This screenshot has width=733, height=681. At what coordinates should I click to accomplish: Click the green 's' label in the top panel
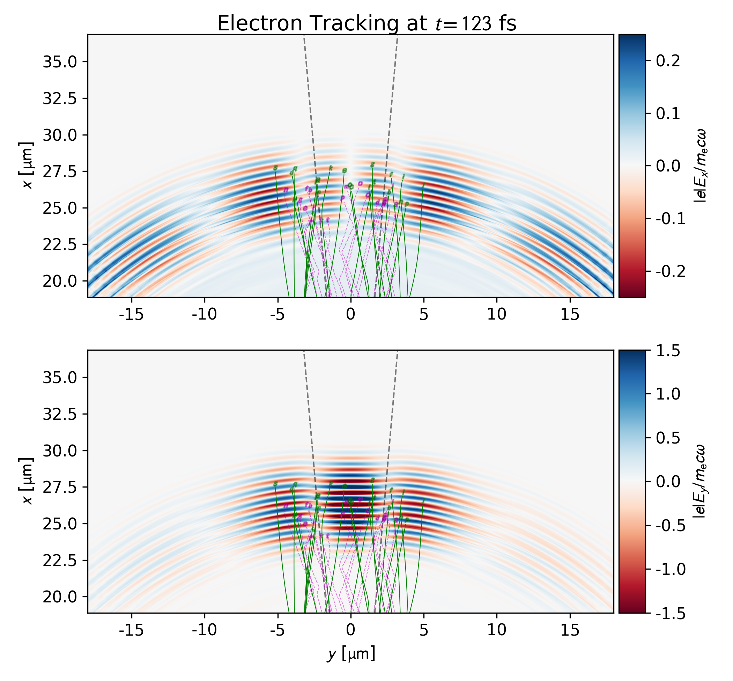click(x=275, y=168)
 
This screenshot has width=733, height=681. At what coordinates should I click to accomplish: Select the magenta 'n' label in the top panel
click(x=286, y=190)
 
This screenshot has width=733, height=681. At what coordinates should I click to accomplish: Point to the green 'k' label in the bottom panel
click(x=331, y=484)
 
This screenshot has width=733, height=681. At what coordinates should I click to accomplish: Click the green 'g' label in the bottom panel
click(x=372, y=480)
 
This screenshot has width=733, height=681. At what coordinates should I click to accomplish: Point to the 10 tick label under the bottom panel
click(x=497, y=630)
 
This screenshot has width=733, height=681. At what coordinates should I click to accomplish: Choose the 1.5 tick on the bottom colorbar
click(x=668, y=351)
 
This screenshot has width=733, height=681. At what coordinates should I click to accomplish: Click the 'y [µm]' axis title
click(x=351, y=654)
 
